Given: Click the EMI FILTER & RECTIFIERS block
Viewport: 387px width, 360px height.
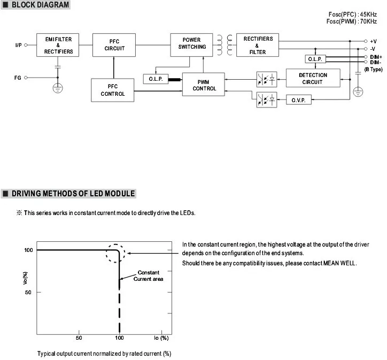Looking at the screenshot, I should [x=58, y=45].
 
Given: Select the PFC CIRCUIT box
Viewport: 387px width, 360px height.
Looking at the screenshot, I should [x=114, y=44].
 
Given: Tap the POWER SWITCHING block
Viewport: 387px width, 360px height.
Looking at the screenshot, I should [x=191, y=43].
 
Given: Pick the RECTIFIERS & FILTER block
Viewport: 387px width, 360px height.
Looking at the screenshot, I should [x=258, y=45].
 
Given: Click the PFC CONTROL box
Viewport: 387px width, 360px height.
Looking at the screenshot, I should [x=113, y=90].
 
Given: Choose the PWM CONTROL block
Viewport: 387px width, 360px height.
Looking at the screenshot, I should [x=204, y=85].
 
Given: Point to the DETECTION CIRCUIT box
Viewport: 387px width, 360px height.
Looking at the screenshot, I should [x=313, y=79].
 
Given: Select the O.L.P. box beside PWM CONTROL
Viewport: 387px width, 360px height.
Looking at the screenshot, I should [x=156, y=79].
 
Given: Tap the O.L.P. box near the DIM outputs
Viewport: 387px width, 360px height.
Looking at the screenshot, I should [x=314, y=59].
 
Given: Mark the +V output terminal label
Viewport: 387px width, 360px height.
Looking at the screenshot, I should [x=373, y=41].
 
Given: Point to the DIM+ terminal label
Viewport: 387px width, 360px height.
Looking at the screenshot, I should [x=376, y=57].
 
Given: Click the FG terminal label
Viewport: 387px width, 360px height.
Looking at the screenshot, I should [x=18, y=78].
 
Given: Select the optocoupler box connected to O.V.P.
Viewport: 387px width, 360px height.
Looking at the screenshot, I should [x=267, y=100].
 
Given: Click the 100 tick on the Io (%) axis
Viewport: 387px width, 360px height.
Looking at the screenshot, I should [x=120, y=338].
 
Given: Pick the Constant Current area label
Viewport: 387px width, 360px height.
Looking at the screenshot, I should [x=148, y=275].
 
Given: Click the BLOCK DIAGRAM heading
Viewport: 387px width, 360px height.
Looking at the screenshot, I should [x=40, y=5].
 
